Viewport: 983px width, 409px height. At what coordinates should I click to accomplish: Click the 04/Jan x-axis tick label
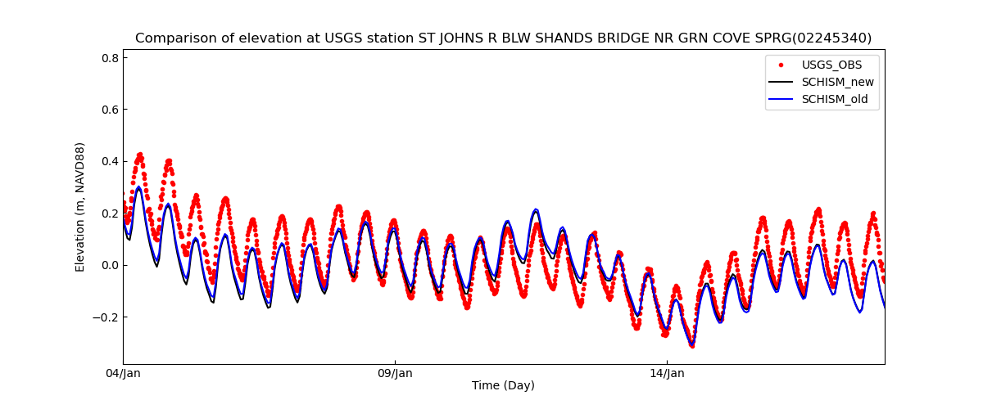tap(123, 374)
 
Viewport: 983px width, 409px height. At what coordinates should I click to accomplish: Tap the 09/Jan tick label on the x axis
tap(395, 374)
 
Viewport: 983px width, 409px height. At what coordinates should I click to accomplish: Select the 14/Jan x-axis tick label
tap(667, 374)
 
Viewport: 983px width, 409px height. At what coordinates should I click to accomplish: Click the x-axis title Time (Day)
tap(503, 386)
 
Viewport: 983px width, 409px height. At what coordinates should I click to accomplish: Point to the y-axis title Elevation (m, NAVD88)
tap(80, 207)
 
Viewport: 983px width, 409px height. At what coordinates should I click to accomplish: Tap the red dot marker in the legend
tap(781, 65)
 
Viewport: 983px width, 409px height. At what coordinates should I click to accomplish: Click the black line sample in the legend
tap(781, 82)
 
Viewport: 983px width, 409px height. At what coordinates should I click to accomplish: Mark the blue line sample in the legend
tap(781, 100)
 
